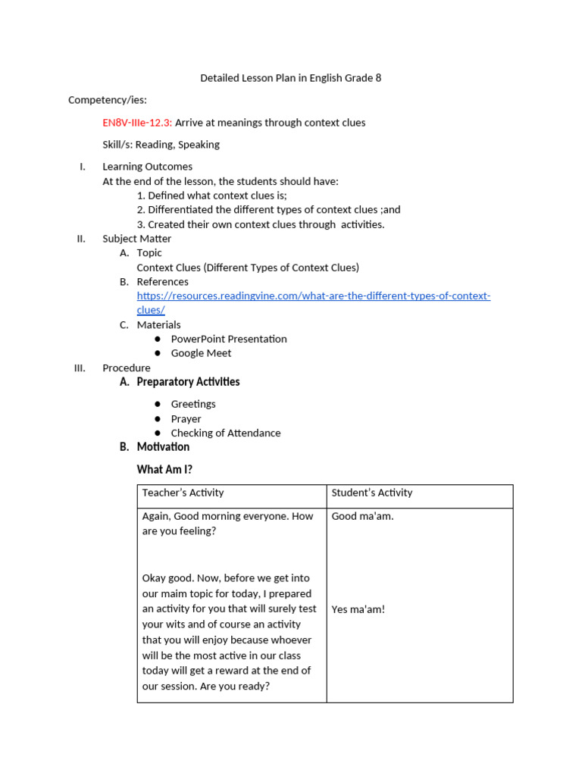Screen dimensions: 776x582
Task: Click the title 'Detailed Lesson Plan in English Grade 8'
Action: [x=290, y=78]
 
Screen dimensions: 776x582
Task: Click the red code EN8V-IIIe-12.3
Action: [x=137, y=122]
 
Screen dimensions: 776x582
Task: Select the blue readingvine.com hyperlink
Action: [x=313, y=296]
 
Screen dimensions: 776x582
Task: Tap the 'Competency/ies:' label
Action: [x=108, y=100]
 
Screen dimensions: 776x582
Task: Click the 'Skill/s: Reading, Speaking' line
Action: [x=161, y=144]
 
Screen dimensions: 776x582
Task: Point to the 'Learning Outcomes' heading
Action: [x=147, y=166]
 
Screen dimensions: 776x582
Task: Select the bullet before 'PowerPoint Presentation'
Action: [x=158, y=339]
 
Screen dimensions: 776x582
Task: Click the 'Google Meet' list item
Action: [x=201, y=353]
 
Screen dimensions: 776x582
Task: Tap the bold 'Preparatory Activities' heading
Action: [x=188, y=382]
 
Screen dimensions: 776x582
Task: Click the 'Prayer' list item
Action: [x=186, y=418]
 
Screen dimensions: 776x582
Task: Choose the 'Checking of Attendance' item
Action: [x=225, y=433]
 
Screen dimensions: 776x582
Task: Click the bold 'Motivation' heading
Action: [x=163, y=447]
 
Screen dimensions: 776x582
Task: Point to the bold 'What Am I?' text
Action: [x=164, y=470]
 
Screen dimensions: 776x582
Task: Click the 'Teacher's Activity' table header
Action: [x=183, y=493]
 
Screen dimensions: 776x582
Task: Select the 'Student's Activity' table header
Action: [x=371, y=493]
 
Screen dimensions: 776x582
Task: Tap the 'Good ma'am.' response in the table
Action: [x=362, y=516]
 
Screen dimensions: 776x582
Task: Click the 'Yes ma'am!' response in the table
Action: [x=358, y=609]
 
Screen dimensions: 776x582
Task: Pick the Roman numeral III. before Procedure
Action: [x=80, y=368]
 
